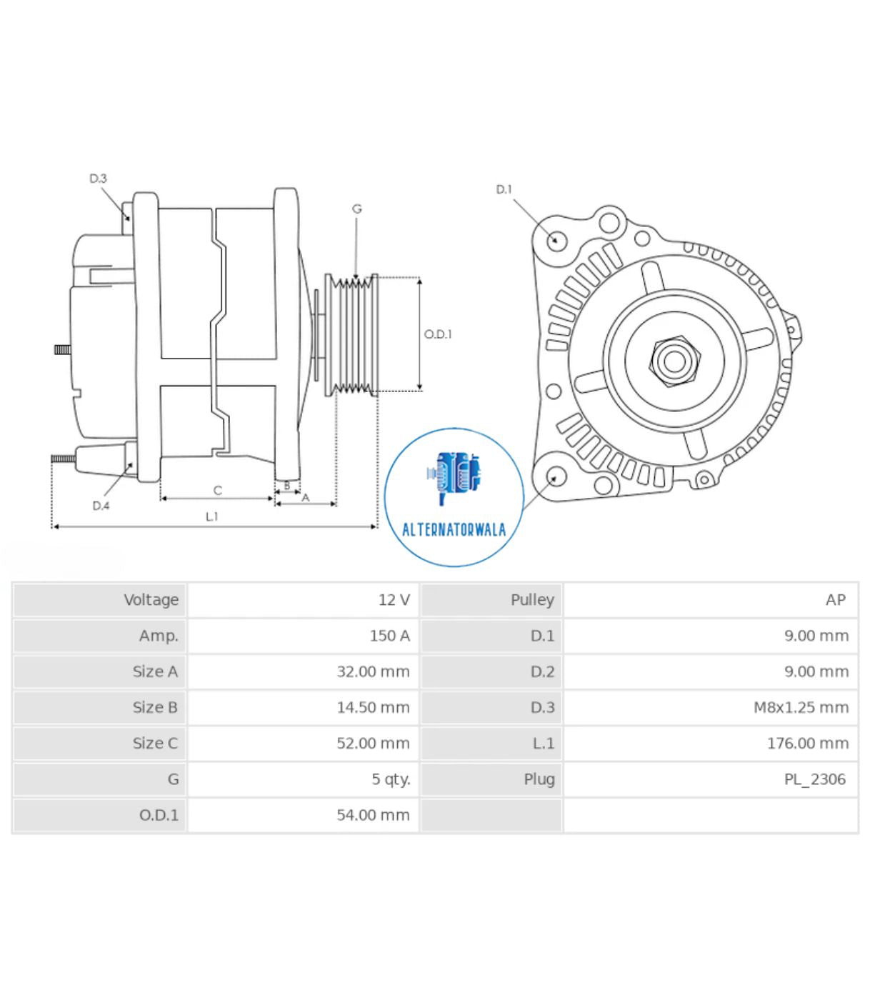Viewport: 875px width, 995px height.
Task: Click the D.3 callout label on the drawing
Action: coord(98,179)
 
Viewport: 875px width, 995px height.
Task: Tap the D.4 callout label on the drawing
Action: coord(101,506)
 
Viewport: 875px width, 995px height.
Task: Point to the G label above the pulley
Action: coord(356,209)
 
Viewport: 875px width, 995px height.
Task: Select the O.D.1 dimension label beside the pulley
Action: coord(438,334)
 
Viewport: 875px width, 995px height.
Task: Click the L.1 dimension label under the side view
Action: coord(211,516)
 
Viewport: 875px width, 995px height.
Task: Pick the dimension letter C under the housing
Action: coord(218,490)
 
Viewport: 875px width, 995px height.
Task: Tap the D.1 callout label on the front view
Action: coord(504,189)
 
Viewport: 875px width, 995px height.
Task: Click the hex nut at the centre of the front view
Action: coord(674,361)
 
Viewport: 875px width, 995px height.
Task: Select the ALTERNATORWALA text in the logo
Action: coord(454,530)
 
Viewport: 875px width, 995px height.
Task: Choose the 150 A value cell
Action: coord(389,636)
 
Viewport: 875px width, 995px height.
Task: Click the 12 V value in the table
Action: coord(394,600)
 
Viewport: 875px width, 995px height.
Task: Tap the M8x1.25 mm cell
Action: coord(801,707)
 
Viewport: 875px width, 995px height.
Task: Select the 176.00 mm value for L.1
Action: coord(807,743)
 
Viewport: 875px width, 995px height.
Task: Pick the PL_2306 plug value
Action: coord(814,779)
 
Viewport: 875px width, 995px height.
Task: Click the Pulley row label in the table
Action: coord(531,600)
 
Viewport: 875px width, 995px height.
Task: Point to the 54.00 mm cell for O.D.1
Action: coord(373,815)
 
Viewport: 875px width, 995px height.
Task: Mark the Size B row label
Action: coord(154,707)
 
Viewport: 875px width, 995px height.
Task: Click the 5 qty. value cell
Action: coord(391,779)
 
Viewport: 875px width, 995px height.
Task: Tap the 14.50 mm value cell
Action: coord(373,707)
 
